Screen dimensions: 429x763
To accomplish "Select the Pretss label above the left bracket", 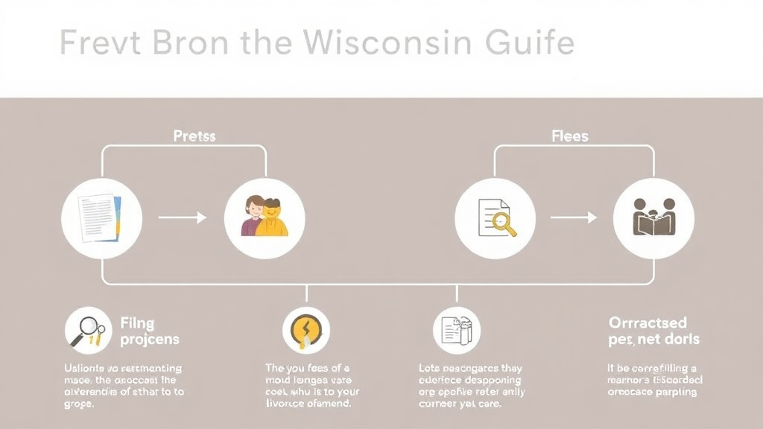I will coord(194,136).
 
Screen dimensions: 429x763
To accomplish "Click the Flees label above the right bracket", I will coord(570,136).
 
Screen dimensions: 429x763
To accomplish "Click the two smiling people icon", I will coord(264,218).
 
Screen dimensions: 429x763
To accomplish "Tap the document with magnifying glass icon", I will coord(495,218).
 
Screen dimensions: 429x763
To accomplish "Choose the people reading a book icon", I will coord(653,218).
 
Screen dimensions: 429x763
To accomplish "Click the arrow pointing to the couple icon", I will coord(182,217).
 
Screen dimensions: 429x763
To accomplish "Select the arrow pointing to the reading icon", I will coord(574,217).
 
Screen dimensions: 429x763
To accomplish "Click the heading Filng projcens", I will coord(149,331).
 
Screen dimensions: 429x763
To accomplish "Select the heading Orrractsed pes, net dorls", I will coord(653,331).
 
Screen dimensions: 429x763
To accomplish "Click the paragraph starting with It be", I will coord(653,380).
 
